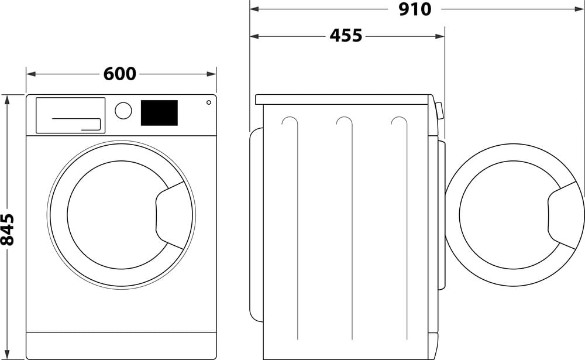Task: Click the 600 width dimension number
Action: pyautogui.click(x=120, y=74)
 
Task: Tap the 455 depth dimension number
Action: pyautogui.click(x=346, y=36)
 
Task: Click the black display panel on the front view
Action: pyautogui.click(x=159, y=112)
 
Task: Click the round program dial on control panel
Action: pyautogui.click(x=123, y=110)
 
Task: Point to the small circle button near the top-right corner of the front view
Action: pyautogui.click(x=208, y=102)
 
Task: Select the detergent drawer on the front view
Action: pyautogui.click(x=70, y=115)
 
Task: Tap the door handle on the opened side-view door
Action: pyautogui.click(x=563, y=215)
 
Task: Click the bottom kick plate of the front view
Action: pyautogui.click(x=121, y=345)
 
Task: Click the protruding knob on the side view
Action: pyautogui.click(x=439, y=111)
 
